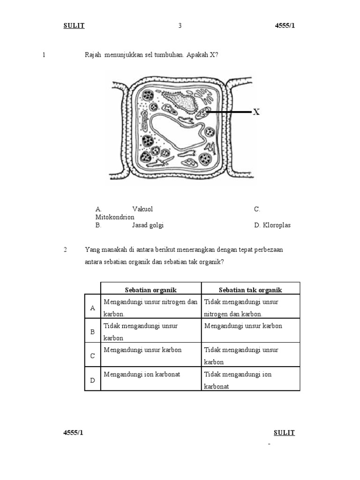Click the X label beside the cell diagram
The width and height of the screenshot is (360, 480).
(x=256, y=112)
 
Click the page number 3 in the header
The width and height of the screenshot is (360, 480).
(x=180, y=26)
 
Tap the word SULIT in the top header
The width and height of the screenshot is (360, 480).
(x=74, y=26)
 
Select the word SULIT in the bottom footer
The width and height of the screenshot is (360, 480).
(x=284, y=433)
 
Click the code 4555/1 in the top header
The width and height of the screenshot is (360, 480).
(x=285, y=26)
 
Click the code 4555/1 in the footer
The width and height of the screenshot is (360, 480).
(x=74, y=433)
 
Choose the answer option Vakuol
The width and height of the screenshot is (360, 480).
(x=142, y=209)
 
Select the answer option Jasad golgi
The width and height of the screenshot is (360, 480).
(x=148, y=225)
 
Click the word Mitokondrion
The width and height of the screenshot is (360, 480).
(x=114, y=217)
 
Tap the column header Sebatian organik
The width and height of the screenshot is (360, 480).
(x=151, y=290)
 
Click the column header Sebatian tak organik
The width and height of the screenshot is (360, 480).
(x=250, y=290)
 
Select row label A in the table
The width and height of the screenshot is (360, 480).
(x=92, y=307)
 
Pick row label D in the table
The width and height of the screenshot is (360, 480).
(x=92, y=380)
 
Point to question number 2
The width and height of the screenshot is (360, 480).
(x=66, y=250)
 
